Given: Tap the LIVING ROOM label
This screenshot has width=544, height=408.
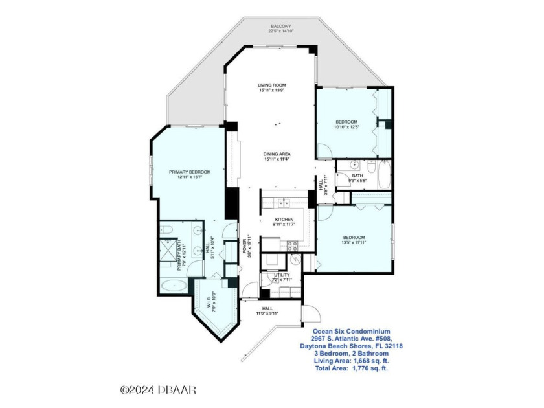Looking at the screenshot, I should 271,85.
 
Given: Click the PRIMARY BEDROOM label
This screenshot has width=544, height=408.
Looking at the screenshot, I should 190,172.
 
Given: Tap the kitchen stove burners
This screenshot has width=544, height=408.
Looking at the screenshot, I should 291,245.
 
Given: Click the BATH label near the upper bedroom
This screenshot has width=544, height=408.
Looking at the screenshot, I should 357,176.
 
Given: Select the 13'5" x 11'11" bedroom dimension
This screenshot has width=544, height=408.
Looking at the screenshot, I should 354,244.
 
